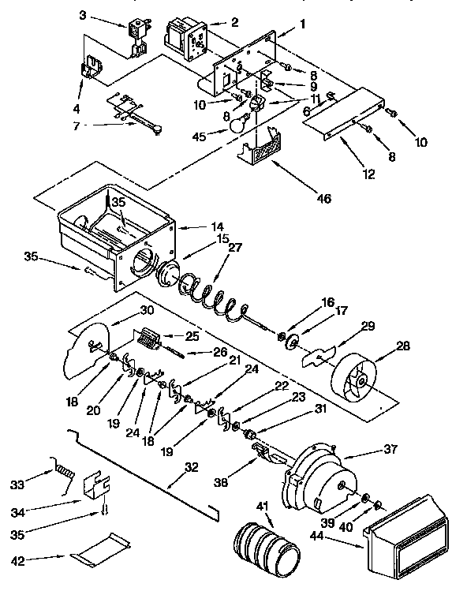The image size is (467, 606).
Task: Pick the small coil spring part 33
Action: click(62, 473)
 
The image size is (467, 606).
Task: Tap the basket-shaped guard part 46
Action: click(264, 149)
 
